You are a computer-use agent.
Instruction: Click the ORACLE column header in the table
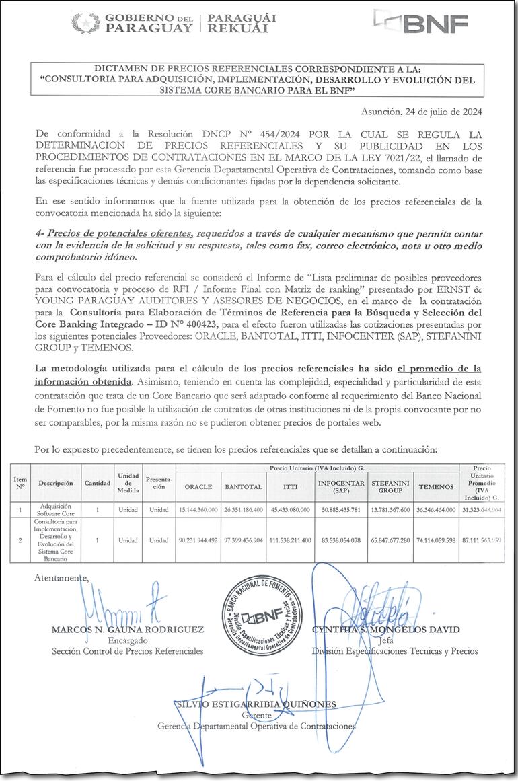point(198,486)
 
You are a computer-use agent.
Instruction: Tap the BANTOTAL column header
point(243,486)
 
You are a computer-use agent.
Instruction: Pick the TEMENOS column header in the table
point(436,486)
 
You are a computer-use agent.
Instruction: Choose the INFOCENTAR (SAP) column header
point(341,486)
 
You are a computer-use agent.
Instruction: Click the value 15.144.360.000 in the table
point(198,510)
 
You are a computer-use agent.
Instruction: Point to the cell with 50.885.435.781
point(341,510)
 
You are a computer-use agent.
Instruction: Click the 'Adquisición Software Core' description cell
point(56,510)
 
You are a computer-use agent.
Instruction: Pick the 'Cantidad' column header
point(97,483)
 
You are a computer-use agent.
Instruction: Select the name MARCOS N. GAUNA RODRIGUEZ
point(127,630)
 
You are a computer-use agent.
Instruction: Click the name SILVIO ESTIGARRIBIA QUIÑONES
point(256,704)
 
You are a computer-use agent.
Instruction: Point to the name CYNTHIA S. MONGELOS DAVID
point(385,630)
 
